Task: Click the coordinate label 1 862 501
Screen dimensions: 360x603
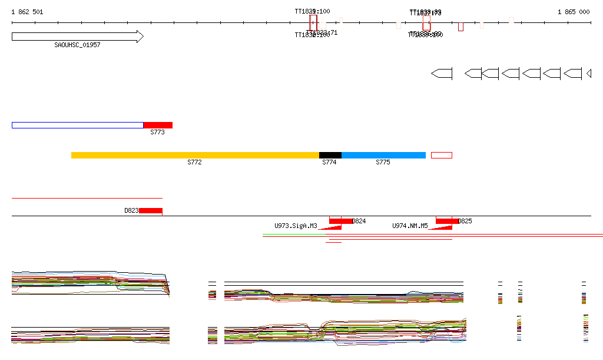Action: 27,12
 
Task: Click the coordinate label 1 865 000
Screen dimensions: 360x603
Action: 574,12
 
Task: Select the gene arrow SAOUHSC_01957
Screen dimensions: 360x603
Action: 77,37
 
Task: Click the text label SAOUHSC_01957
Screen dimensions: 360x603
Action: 77,45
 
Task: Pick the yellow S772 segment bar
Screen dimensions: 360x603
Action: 195,155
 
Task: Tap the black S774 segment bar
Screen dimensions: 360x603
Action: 330,155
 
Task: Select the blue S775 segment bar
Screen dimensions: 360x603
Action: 383,155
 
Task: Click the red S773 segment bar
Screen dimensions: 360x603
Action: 158,125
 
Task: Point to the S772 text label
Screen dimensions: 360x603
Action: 195,162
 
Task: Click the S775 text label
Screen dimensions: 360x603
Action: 383,162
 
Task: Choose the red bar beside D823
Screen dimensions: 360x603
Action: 150,210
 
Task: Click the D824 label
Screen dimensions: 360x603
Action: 359,221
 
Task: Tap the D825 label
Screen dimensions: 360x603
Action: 465,221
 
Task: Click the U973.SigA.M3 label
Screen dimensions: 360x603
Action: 296,226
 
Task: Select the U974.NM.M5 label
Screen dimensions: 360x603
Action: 410,226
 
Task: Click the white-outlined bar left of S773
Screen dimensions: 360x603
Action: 77,125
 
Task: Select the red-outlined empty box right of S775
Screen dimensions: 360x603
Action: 442,155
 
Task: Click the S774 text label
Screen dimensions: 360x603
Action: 329,162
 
